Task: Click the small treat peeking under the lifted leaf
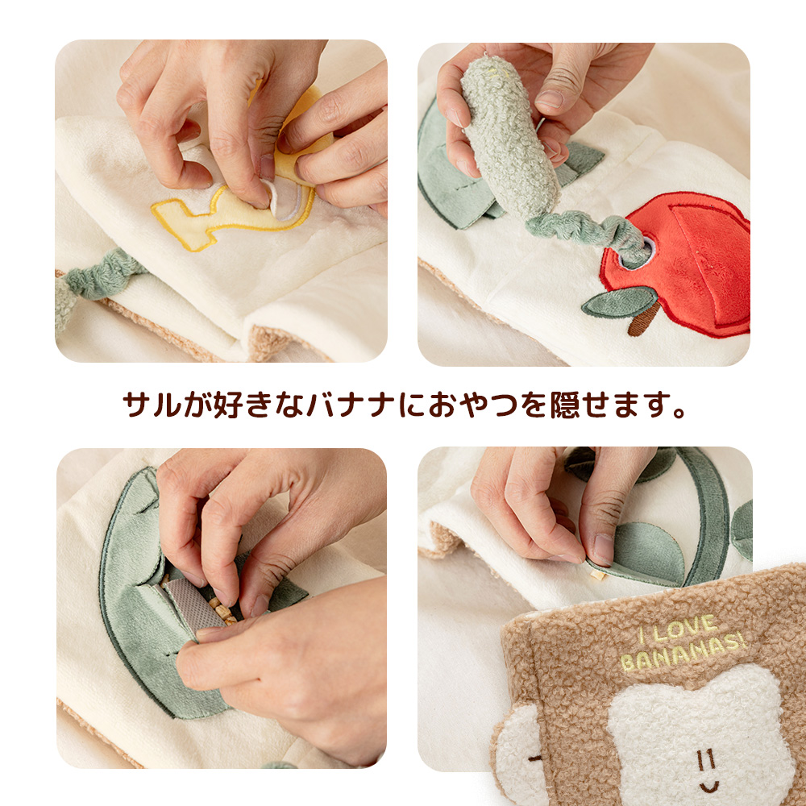coord(597,575)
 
